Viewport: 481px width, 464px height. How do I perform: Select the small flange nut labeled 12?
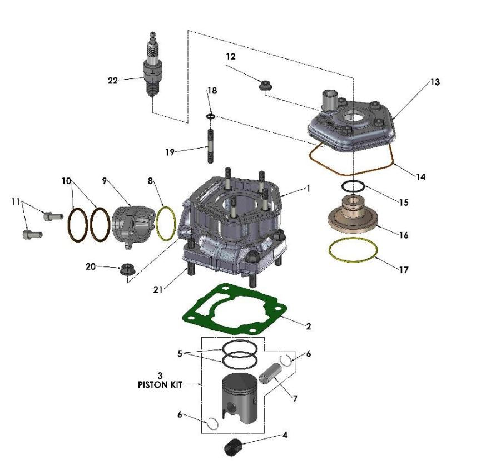[265, 86]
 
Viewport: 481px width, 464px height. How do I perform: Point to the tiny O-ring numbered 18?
[210, 116]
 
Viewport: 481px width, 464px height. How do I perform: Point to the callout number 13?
[434, 82]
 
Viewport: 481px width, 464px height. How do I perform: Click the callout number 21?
[158, 289]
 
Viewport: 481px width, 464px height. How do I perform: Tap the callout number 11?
[17, 201]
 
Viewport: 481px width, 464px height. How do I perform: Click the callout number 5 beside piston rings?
[180, 353]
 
